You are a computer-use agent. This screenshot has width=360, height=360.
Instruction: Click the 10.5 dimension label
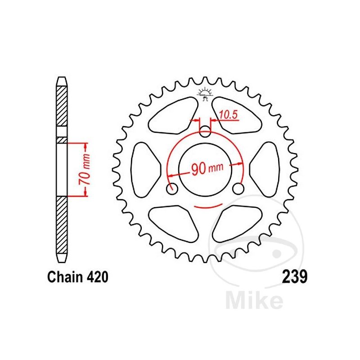[x=228, y=115]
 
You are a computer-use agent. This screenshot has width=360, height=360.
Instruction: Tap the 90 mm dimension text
[x=207, y=168]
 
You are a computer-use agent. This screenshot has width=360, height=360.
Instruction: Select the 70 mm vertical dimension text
[x=84, y=170]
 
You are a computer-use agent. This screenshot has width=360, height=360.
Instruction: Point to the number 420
[x=97, y=277]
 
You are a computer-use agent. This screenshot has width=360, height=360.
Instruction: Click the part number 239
[x=295, y=277]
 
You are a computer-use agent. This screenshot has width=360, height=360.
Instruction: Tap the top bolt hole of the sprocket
[x=205, y=131]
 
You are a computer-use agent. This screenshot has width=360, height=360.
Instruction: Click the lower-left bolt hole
[x=172, y=189]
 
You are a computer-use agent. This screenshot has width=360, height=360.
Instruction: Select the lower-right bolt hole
[x=238, y=189]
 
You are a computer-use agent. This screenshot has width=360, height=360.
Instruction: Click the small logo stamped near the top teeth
[x=205, y=94]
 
